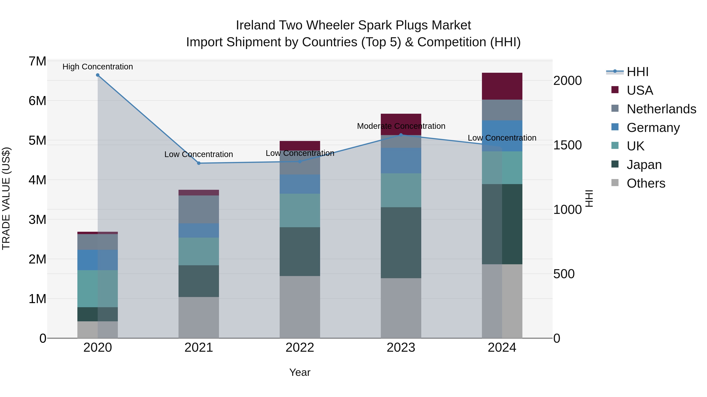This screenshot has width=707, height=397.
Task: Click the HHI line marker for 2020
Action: pyautogui.click(x=98, y=75)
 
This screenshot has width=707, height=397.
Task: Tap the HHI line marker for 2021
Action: pyautogui.click(x=199, y=163)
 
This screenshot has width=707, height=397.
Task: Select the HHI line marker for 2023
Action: pyautogui.click(x=401, y=135)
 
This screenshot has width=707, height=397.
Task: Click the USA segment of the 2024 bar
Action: pyautogui.click(x=502, y=86)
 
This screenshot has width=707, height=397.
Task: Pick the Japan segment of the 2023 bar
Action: pyautogui.click(x=401, y=243)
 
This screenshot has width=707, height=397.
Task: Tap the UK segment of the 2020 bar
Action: pyautogui.click(x=98, y=289)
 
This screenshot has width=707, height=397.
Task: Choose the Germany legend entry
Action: pyautogui.click(x=653, y=128)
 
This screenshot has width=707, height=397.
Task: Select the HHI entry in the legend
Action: pyautogui.click(x=637, y=72)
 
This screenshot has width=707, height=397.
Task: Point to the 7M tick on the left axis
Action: pyautogui.click(x=37, y=61)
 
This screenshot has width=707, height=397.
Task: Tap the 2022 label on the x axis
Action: pyautogui.click(x=300, y=348)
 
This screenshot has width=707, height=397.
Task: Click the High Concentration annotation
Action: pyautogui.click(x=98, y=67)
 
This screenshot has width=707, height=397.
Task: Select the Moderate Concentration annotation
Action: pyautogui.click(x=401, y=126)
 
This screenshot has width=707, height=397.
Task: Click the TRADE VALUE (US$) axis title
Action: pyautogui.click(x=6, y=198)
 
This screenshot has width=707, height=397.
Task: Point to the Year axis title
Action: pyautogui.click(x=300, y=372)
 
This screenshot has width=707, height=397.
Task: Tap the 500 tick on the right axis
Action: pyautogui.click(x=564, y=274)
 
